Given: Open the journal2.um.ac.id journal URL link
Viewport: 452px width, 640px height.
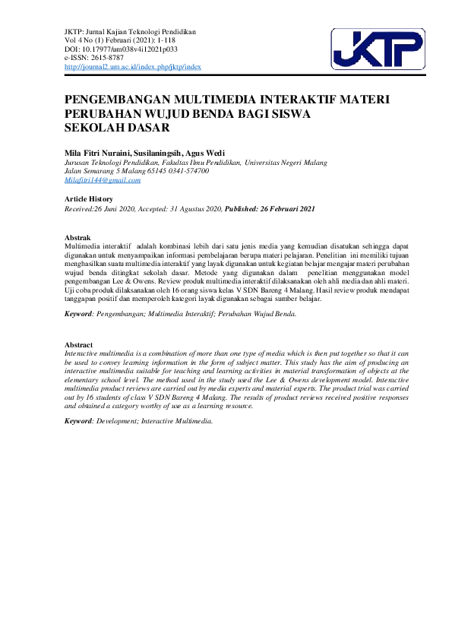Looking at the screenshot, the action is click(133, 67).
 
